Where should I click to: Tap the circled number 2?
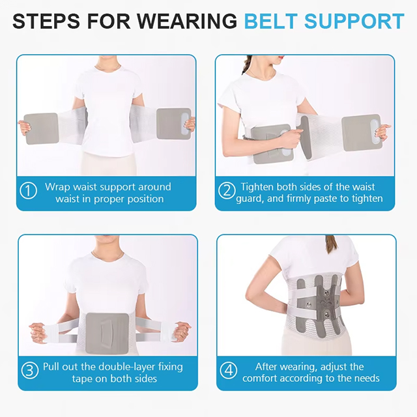pyautogui.click(x=227, y=192)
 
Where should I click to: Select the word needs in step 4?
pyautogui.click(x=366, y=378)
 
